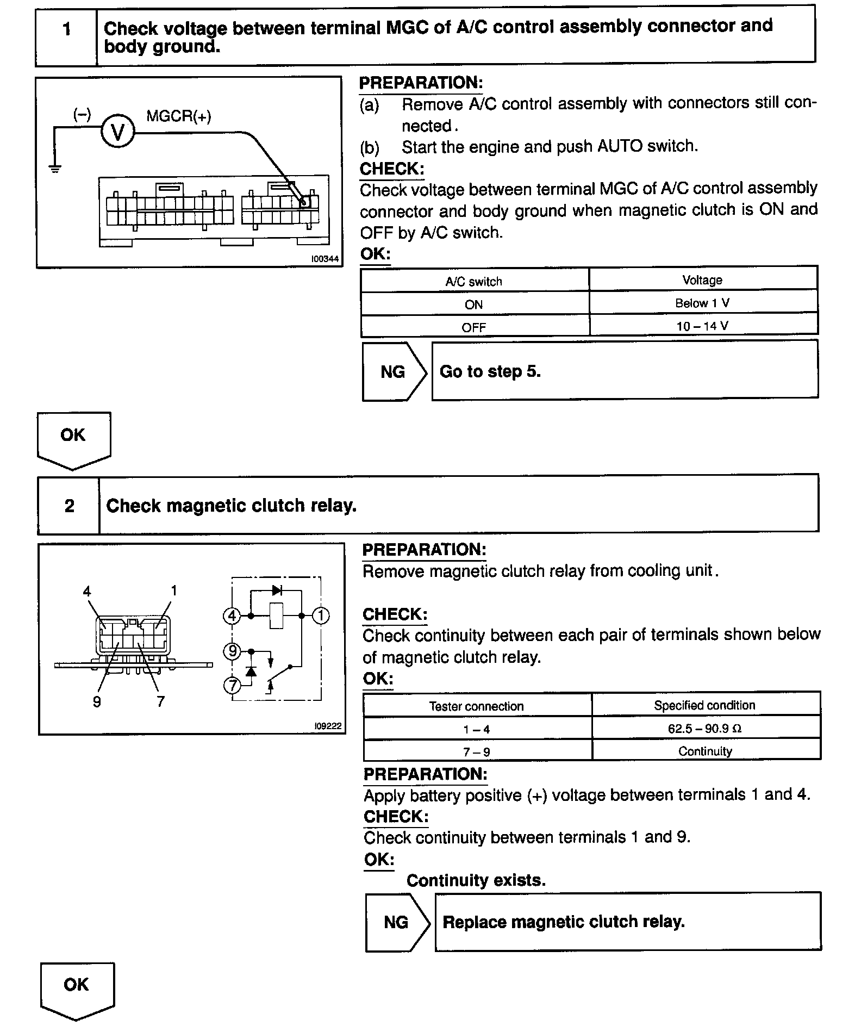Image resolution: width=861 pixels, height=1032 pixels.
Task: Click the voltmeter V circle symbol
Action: (117, 132)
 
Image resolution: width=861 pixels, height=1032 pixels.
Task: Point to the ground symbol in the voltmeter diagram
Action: (55, 169)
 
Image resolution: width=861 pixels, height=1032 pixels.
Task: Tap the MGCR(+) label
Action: (179, 116)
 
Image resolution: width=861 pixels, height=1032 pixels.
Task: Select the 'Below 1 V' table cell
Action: (702, 303)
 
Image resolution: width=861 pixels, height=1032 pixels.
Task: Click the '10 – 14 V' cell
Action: (702, 326)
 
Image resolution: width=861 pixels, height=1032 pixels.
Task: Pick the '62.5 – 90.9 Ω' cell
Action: (705, 729)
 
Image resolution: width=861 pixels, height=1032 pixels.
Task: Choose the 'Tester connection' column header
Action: (477, 706)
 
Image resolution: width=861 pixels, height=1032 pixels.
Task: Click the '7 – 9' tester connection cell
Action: (477, 752)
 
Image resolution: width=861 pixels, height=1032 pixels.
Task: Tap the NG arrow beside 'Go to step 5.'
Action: (394, 372)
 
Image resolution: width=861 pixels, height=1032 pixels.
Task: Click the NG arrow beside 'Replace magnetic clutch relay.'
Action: (397, 922)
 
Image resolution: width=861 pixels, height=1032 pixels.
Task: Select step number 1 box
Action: (67, 29)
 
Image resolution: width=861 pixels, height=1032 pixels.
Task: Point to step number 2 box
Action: (69, 506)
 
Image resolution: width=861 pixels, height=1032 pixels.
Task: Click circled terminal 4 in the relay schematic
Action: (232, 616)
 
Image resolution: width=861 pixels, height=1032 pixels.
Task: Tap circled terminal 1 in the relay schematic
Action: (321, 616)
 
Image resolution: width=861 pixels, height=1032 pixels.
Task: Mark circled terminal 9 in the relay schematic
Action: (232, 651)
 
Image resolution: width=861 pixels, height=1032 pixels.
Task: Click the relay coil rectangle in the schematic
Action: (277, 616)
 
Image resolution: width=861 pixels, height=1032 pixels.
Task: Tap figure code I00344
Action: (325, 259)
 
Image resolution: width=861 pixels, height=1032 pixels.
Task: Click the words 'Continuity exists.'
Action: (476, 880)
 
